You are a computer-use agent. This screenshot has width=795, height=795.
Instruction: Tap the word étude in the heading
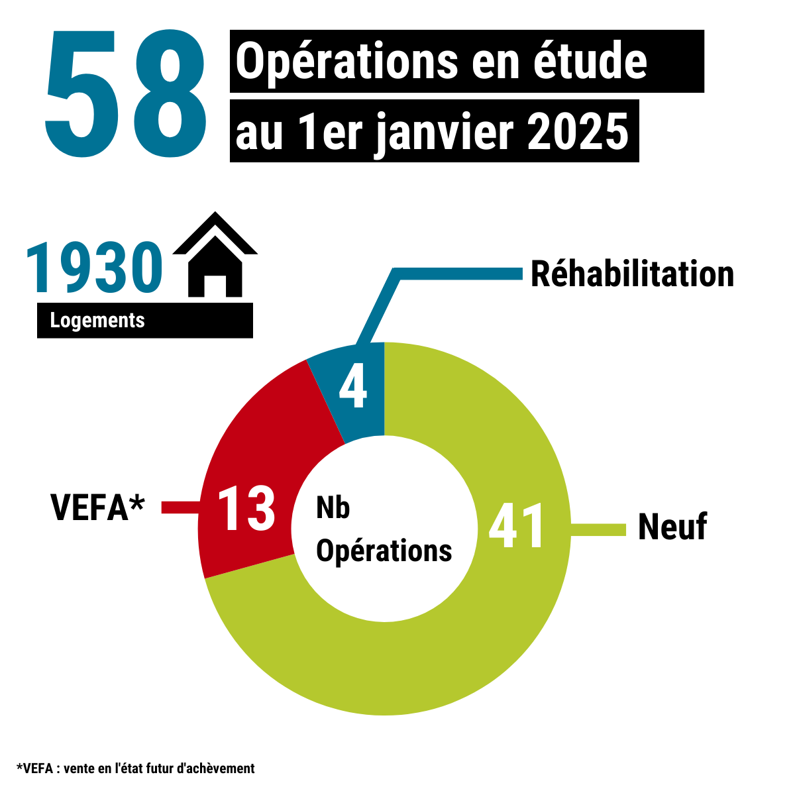591,61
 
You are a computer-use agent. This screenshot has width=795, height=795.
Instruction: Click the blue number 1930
94,268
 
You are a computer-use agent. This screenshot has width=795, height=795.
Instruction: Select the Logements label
97,321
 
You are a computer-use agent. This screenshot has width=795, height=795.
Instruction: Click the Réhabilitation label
632,274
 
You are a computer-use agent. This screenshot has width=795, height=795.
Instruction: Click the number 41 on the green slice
517,527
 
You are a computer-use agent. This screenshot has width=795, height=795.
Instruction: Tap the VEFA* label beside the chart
97,507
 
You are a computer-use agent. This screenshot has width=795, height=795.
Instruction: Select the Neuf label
672,527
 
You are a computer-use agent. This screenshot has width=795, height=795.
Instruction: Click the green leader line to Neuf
598,529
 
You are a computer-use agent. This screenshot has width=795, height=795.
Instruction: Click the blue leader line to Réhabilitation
457,274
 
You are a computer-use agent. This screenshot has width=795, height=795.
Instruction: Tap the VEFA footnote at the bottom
135,768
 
